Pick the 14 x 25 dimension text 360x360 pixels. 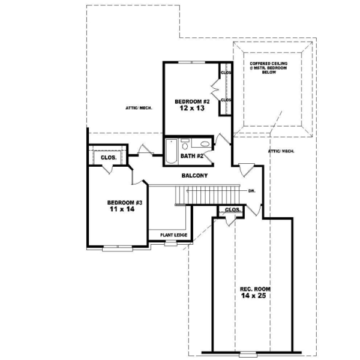click(x=253, y=296)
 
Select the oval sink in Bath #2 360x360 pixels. click(x=205, y=144)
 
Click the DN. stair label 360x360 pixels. click(x=253, y=191)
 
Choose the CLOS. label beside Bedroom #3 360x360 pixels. click(x=109, y=157)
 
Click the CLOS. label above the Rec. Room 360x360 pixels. click(x=232, y=210)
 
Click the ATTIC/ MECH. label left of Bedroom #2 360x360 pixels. click(x=139, y=108)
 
